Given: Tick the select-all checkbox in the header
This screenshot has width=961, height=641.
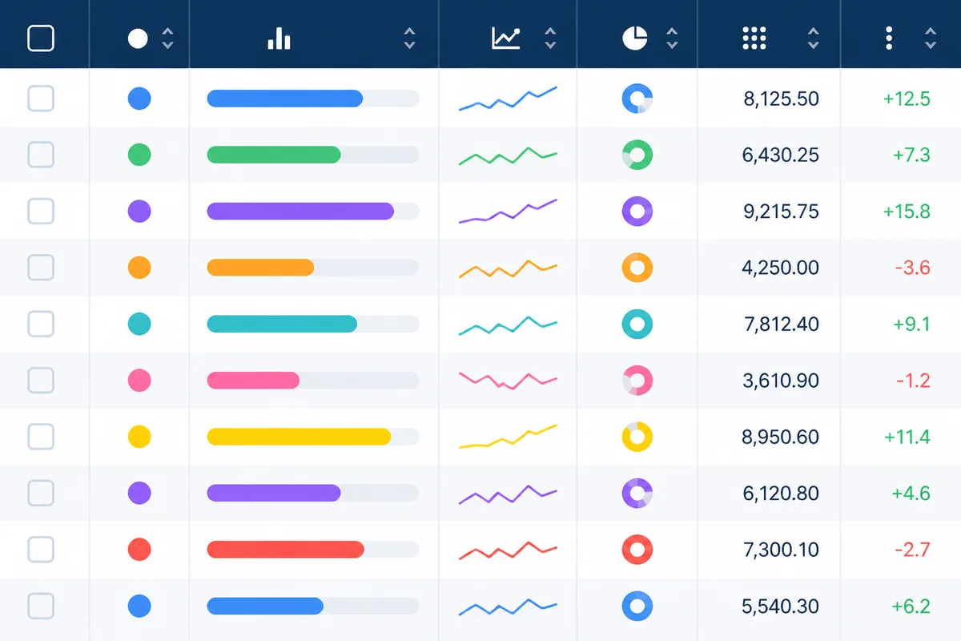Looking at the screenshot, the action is coord(41,38).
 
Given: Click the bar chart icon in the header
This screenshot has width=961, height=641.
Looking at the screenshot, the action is coord(279,38).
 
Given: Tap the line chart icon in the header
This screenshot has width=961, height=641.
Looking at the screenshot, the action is coord(506,38).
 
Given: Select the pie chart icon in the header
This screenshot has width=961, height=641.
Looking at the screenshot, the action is coord(634,38).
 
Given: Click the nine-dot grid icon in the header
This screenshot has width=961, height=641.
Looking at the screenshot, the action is coord(754,38).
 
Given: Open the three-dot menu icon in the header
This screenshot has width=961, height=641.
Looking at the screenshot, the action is coord(889,38).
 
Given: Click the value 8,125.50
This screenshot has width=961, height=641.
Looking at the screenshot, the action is coord(781,99).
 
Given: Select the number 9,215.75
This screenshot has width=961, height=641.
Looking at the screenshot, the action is coord(781,212).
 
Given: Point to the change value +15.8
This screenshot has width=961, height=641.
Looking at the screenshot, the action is coord(907,212).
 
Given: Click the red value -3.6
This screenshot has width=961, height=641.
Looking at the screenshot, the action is coord(912,268).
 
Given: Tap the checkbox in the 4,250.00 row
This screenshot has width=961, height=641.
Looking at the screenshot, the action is coord(41,268).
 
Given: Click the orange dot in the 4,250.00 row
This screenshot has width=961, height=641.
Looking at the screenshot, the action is coord(139,268).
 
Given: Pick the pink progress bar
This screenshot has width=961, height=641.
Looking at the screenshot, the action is coord(253,381).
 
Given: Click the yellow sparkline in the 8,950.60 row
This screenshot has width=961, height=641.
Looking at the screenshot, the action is coord(508,437).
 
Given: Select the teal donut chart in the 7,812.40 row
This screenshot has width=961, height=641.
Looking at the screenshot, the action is coord(637,314).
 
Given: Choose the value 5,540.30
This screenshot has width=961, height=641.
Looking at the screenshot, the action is coord(780,607).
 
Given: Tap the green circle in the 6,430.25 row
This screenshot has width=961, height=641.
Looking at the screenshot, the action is coord(139,155).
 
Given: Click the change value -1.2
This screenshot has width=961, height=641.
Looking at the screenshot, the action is coord(913,381).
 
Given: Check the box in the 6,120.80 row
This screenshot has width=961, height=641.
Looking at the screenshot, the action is coord(41,493).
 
